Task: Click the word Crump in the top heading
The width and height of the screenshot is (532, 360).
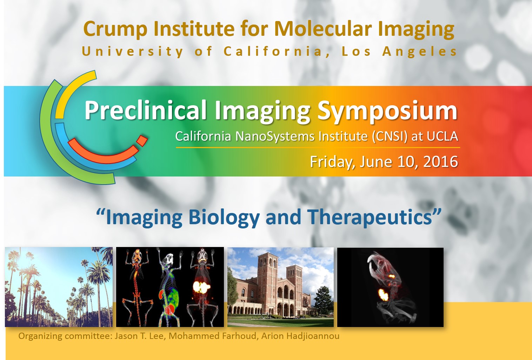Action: (x=115, y=29)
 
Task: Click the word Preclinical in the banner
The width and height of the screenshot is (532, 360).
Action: (x=145, y=110)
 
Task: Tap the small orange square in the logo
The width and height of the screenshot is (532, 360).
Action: (x=142, y=141)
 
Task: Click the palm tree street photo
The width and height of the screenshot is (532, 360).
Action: (x=59, y=287)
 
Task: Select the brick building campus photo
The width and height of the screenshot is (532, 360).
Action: (x=280, y=287)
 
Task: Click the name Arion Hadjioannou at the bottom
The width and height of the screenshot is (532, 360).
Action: (x=300, y=336)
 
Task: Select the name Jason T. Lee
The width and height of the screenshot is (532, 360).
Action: (x=140, y=336)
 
